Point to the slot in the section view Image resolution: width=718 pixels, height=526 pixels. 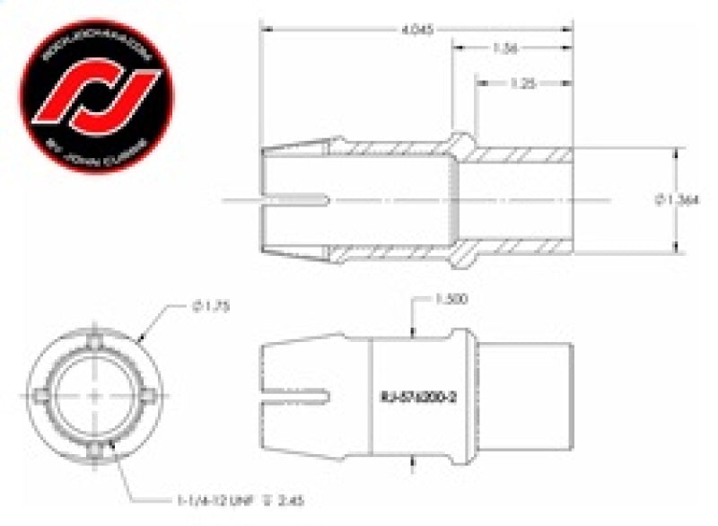296,198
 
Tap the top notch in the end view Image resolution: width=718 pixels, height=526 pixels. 94,341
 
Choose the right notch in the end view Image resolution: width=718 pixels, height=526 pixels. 150,396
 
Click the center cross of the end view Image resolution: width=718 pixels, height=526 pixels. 94,396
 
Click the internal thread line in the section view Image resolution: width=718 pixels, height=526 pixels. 460,198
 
